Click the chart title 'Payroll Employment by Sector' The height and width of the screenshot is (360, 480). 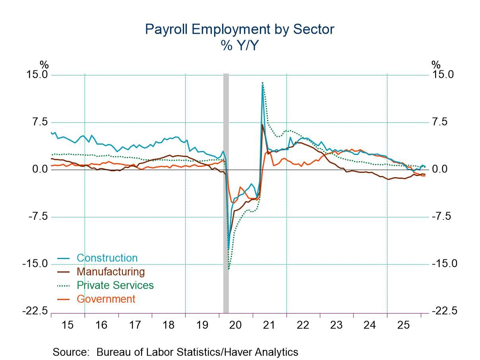click(x=240, y=29)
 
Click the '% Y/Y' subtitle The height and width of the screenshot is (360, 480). click(x=240, y=46)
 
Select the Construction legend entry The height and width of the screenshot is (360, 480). click(x=107, y=258)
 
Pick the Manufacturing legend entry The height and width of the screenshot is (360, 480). click(x=110, y=272)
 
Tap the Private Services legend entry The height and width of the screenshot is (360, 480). click(x=115, y=285)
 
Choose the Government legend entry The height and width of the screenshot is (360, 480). click(x=106, y=299)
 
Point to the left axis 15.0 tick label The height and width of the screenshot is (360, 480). click(x=37, y=75)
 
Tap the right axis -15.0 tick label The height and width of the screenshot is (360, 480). click(x=442, y=264)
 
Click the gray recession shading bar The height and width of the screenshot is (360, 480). click(x=226, y=191)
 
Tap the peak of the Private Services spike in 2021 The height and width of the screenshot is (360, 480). click(x=263, y=83)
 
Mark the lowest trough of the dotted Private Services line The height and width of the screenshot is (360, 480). click(x=229, y=269)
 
